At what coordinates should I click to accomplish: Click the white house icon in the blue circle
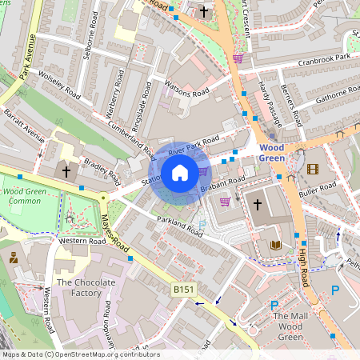tap(180, 172)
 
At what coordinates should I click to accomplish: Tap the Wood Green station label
tap(272, 153)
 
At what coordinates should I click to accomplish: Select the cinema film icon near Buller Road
tap(312, 170)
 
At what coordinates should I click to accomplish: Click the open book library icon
tap(276, 245)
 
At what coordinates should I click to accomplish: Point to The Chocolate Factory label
tap(79, 288)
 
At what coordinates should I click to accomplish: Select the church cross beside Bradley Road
tap(66, 171)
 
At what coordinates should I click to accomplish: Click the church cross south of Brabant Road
tap(258, 205)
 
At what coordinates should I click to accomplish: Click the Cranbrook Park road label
tap(319, 59)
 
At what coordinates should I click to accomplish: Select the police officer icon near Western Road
tap(14, 258)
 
